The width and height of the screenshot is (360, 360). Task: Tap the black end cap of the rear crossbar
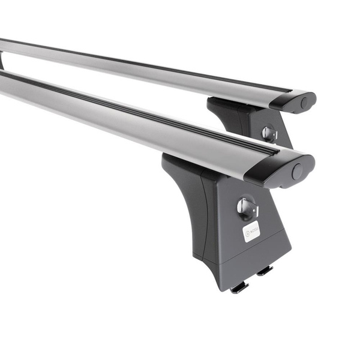(x=294, y=100)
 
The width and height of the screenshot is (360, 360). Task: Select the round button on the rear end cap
(x=304, y=103)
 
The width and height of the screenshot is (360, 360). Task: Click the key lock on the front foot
(x=246, y=208)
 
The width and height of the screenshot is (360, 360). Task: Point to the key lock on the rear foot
(x=269, y=133)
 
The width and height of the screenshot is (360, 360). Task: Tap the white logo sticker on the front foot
(x=251, y=231)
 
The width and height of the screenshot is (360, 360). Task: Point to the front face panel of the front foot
(x=252, y=222)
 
